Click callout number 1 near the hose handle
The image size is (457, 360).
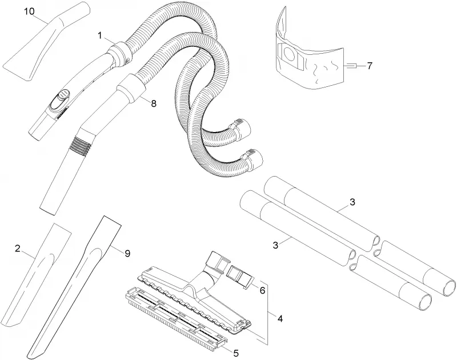(100, 36)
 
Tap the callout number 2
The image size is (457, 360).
(18, 249)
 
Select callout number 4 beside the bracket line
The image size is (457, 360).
(280, 319)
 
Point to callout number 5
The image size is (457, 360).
(236, 353)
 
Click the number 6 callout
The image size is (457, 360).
(262, 290)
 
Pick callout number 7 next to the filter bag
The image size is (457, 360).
(370, 66)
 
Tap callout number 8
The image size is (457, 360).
(154, 103)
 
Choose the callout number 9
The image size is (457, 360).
(127, 254)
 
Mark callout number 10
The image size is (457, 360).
(29, 11)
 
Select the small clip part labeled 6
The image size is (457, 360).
(240, 276)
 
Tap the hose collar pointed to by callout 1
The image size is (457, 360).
(119, 54)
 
